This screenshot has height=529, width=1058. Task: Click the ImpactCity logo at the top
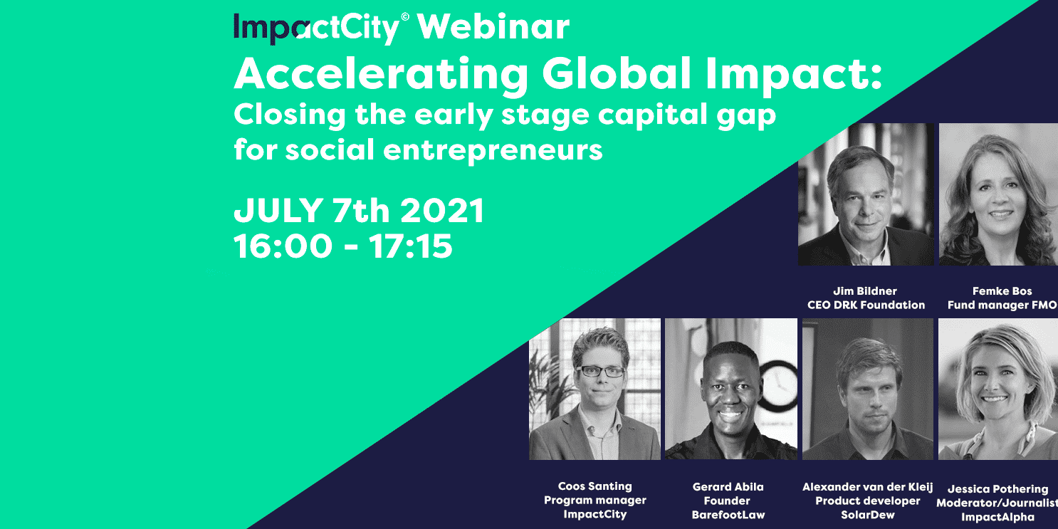click(321, 28)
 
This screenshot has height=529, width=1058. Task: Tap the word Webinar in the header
click(493, 27)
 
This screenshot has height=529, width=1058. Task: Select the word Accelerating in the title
click(381, 75)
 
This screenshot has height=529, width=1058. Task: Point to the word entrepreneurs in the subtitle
click(493, 151)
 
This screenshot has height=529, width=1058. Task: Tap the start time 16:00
click(283, 246)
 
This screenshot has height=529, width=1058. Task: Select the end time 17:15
click(411, 246)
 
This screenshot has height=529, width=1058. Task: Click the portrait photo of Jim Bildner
click(866, 194)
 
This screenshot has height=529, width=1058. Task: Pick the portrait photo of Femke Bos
click(998, 194)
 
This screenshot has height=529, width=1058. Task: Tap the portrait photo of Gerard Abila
click(730, 389)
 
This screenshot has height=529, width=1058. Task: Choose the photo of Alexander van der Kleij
click(868, 389)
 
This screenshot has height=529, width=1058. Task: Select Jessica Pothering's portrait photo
click(998, 389)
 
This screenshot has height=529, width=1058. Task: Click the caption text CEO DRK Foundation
click(866, 305)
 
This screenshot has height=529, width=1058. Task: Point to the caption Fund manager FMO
click(1002, 305)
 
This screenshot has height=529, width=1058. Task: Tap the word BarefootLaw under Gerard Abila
click(728, 515)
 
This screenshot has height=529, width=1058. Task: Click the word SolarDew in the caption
click(868, 515)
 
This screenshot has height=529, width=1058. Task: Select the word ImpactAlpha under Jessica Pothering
click(997, 517)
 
